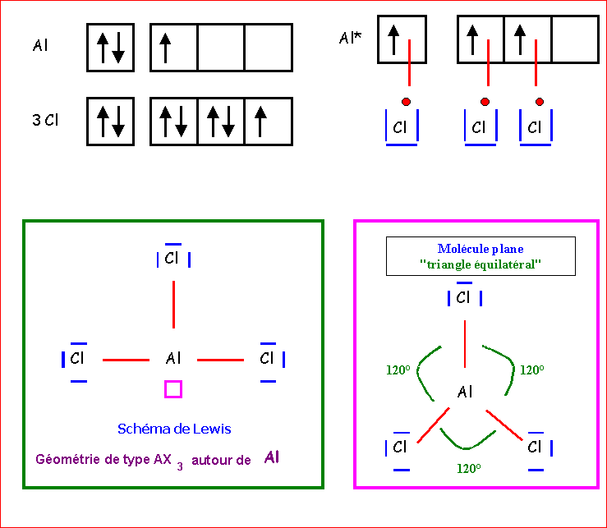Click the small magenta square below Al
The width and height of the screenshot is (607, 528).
172,388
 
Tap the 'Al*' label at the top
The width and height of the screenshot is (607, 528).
350,38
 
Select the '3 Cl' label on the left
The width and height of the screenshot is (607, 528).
45,120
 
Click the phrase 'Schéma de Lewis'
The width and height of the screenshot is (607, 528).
174,429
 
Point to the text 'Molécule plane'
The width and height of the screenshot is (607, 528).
481,249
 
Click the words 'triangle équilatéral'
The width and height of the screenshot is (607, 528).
481,265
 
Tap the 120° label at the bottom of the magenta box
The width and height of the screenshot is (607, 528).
468,468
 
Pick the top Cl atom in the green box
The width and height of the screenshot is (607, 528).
172,259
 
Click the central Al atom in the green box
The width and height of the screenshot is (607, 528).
173,359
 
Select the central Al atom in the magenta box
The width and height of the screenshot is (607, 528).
465,392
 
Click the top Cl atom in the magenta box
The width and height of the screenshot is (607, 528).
463,297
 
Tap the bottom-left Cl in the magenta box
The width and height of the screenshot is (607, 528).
400,448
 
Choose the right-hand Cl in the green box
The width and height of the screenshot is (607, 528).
267,359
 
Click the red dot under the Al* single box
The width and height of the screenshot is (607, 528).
406,101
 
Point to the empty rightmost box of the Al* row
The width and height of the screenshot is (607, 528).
574,40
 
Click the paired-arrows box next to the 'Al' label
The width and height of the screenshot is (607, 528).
110,47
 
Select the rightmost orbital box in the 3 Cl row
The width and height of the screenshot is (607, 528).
269,121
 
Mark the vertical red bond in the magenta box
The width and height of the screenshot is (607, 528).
465,342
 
